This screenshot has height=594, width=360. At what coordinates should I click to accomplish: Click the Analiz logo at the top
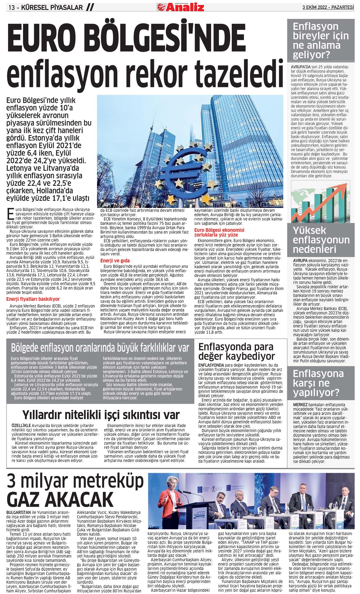[x=181, y=7]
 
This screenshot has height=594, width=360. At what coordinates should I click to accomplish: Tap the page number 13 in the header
[x=12, y=7]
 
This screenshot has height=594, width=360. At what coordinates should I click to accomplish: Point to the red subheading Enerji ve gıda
[x=115, y=261]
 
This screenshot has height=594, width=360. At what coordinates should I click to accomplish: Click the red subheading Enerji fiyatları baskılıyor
[x=33, y=299]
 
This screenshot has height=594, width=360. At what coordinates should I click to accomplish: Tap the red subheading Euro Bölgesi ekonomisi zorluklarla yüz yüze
[x=219, y=232]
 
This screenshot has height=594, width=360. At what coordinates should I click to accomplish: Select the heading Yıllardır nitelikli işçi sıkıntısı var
[x=101, y=415]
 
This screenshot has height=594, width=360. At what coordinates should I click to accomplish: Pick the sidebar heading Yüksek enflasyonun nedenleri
[x=321, y=240]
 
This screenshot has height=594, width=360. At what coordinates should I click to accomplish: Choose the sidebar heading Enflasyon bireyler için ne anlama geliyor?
[x=321, y=40]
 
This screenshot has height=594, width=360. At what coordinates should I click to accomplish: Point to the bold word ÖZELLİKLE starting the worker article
[x=21, y=426]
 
